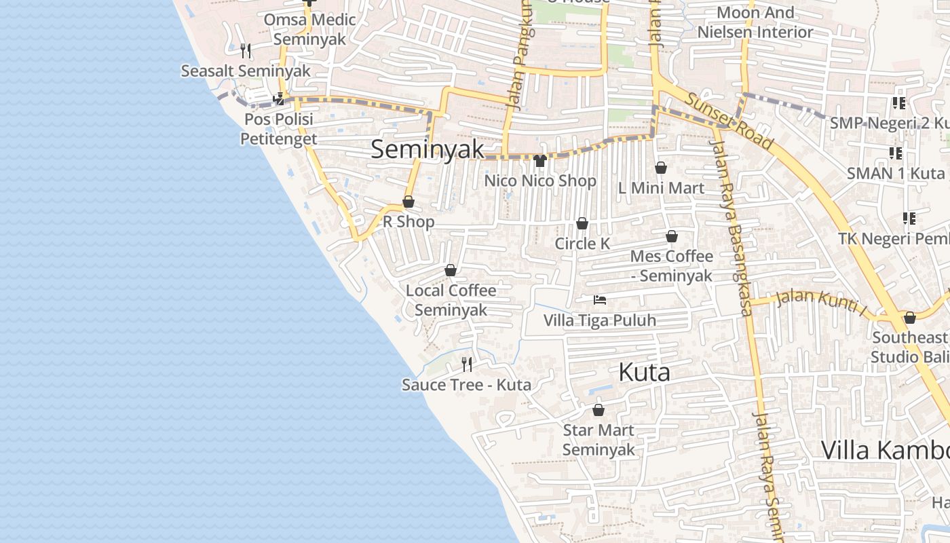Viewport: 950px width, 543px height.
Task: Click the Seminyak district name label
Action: tap(427, 149)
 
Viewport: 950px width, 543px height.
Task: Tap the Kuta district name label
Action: tap(644, 372)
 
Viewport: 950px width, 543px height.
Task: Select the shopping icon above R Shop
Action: tap(408, 202)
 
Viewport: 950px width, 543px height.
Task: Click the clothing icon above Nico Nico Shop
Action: tap(540, 161)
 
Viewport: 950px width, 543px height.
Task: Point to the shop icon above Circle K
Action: tap(582, 223)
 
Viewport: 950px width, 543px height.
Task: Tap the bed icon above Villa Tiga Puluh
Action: tap(599, 299)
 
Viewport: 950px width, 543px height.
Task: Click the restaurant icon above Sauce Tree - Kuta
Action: tap(467, 364)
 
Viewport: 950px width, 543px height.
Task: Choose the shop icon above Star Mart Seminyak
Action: tap(598, 410)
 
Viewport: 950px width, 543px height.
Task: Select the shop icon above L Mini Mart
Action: tap(661, 168)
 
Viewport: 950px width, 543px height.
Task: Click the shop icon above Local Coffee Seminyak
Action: tap(451, 270)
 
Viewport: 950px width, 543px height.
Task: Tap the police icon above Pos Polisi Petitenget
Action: tap(278, 100)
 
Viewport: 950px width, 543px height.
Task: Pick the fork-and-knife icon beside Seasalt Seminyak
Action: tap(246, 50)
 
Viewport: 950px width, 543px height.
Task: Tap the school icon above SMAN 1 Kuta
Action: tap(895, 153)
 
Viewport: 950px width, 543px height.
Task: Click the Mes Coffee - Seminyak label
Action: tap(671, 265)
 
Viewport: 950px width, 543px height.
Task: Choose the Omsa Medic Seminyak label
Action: tap(309, 29)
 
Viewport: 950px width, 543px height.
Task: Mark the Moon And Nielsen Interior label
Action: tap(755, 22)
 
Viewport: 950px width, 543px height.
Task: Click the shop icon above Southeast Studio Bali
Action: tap(910, 318)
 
